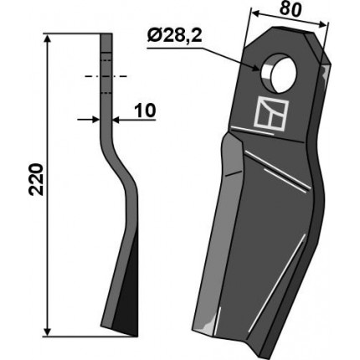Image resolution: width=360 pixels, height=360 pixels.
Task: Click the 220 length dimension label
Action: click(x=36, y=179)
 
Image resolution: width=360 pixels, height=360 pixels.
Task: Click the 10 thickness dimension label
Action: click(x=145, y=111)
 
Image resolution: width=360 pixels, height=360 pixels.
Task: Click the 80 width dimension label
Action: click(x=291, y=10)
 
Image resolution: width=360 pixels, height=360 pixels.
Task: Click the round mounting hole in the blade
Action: click(x=279, y=73)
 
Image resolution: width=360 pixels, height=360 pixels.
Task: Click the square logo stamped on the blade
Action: click(x=271, y=113)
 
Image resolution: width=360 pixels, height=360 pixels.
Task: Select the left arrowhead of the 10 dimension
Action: click(x=95, y=120)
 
